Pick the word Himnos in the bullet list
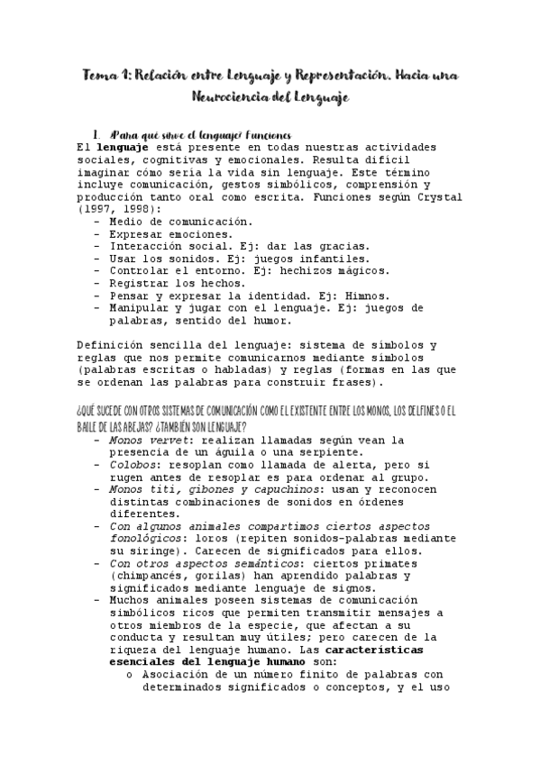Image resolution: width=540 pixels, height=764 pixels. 364,296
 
